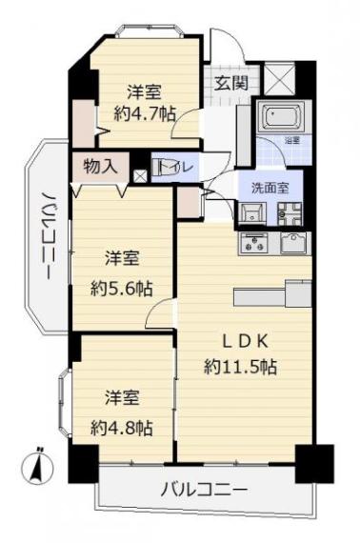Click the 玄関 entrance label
(230, 83)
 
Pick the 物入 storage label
(100, 166)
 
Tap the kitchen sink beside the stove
(292, 243)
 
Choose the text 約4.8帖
(121, 428)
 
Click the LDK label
(239, 340)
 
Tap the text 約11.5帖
(239, 365)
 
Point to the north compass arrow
(36, 468)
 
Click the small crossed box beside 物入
(140, 174)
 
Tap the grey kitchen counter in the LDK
(271, 294)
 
